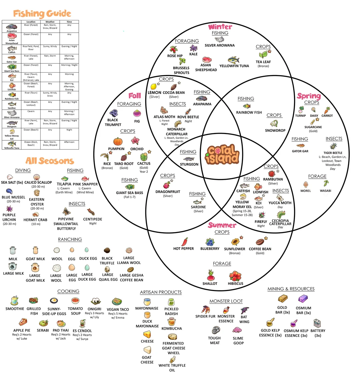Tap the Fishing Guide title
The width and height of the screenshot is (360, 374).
pos(42,14)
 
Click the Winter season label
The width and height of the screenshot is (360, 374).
pos(220,27)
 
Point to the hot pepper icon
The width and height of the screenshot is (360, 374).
pos(184,242)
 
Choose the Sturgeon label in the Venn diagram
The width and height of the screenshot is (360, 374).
pos(189,164)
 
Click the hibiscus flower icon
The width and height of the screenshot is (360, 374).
pos(235,276)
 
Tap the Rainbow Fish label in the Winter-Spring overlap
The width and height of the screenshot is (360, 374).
pos(249,113)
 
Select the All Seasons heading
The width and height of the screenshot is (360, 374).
pos(50,161)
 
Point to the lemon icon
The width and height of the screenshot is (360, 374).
pos(153,87)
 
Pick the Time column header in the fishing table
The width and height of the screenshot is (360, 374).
pos(69,22)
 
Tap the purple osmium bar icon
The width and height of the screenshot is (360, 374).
pos(303,299)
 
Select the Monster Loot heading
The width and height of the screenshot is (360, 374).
pos(226,301)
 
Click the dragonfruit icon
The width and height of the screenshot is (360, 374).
pos(166,185)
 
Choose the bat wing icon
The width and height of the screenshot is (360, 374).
pos(245,310)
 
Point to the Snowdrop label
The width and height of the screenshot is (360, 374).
pos(275,130)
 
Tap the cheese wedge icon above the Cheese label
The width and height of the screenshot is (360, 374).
pos(147,334)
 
